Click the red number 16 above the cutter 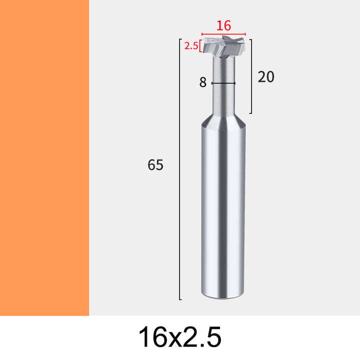(x=223, y=25)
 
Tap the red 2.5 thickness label (x=191, y=46)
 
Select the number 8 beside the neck (x=202, y=82)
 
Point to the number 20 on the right (x=266, y=77)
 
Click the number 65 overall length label (x=155, y=165)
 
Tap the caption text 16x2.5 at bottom (x=180, y=337)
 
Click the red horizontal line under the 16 (x=223, y=34)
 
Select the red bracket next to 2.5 (x=200, y=46)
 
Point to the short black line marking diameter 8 (x=223, y=83)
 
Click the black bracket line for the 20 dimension (x=251, y=76)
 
